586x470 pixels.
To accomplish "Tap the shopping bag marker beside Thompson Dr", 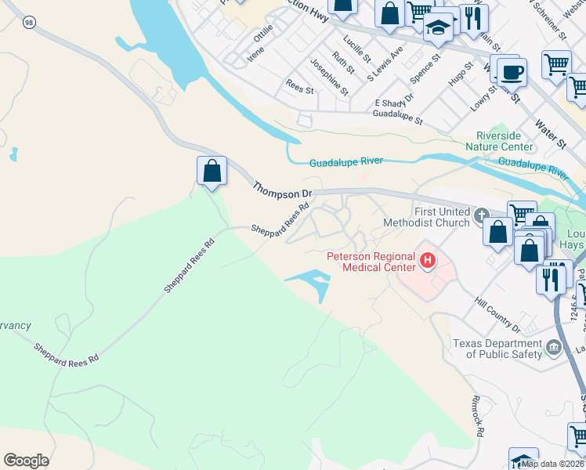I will pos(212,171).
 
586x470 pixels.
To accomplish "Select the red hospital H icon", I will pos(428,260).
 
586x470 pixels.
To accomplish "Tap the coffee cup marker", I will pos(512,72).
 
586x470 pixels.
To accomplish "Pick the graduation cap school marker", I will pos(439,29).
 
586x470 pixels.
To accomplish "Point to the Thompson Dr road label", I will pos(282,190).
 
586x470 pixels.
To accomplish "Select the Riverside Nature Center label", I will pos(498,141).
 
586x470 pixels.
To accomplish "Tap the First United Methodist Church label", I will pos(425,217).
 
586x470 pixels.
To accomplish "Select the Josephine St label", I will pos(329,77).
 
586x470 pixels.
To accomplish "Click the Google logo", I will pos(27,461).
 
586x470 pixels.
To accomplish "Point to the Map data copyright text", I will pos(553,464).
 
